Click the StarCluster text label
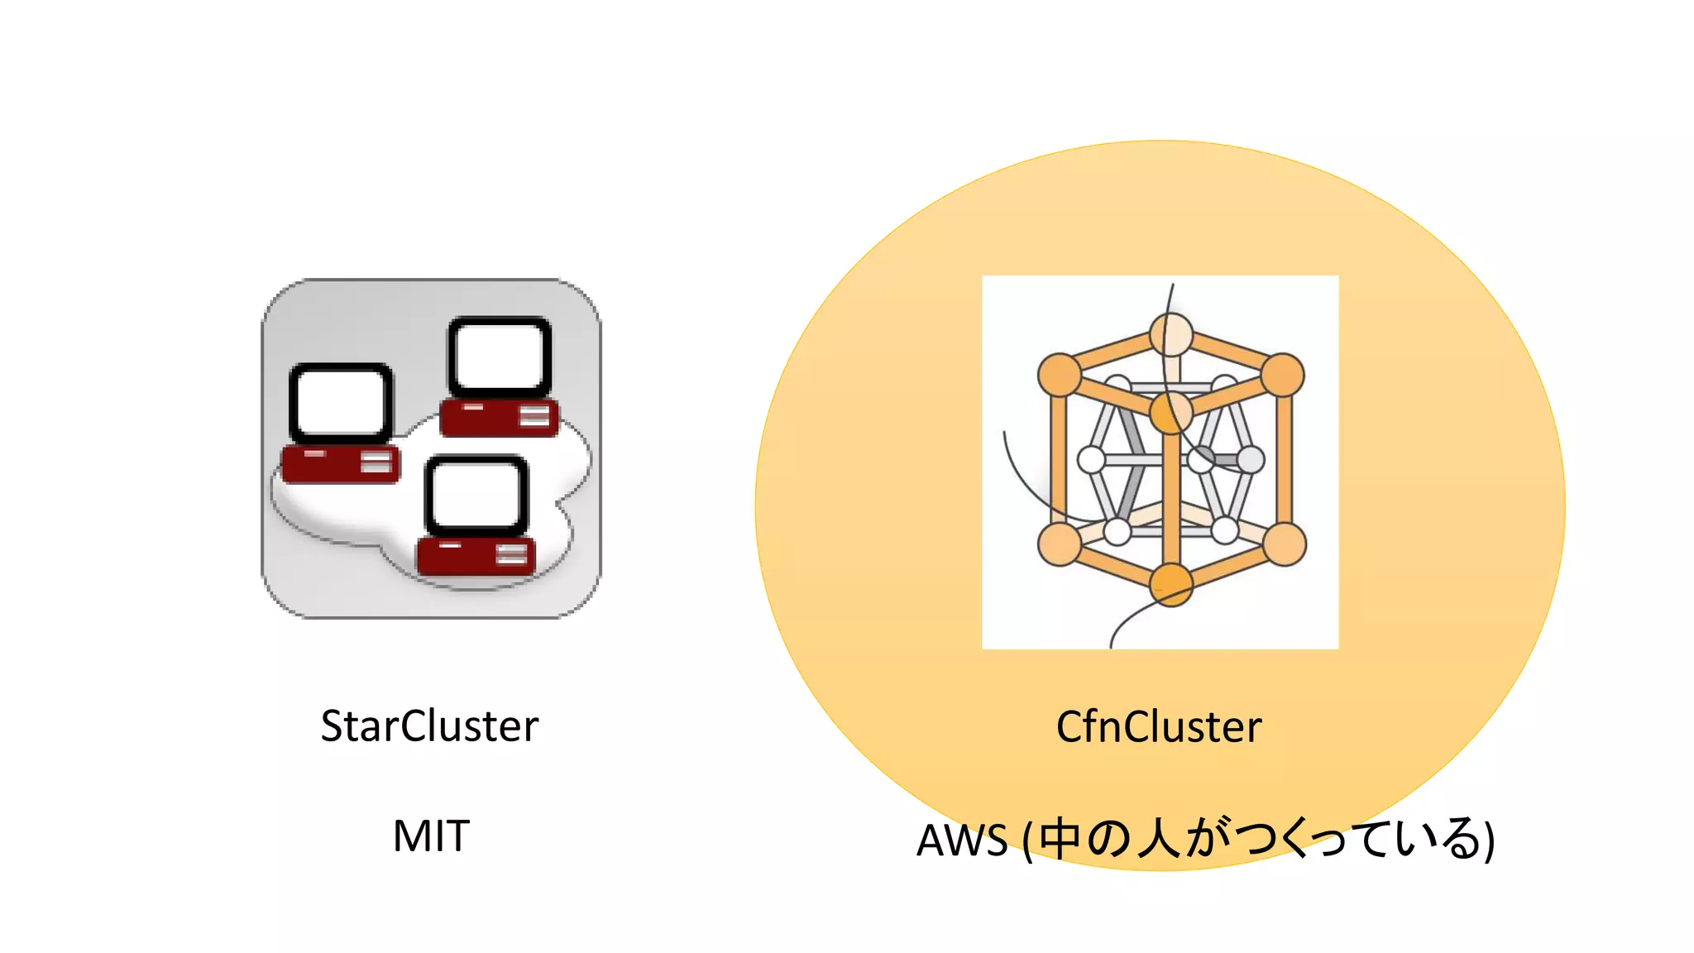point(429,726)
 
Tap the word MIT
point(431,836)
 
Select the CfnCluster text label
point(1159,727)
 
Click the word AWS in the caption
point(962,840)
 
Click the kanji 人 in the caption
point(1158,839)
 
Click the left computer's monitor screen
point(341,402)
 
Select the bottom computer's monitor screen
point(476,495)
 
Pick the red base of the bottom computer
point(476,556)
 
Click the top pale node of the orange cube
point(1171,335)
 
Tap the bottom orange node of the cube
point(1171,584)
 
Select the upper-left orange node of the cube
point(1060,375)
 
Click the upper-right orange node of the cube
point(1282,375)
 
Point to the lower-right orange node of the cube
point(1284,544)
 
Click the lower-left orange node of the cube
point(1060,544)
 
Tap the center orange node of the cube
point(1171,412)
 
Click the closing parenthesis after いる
point(1488,840)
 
